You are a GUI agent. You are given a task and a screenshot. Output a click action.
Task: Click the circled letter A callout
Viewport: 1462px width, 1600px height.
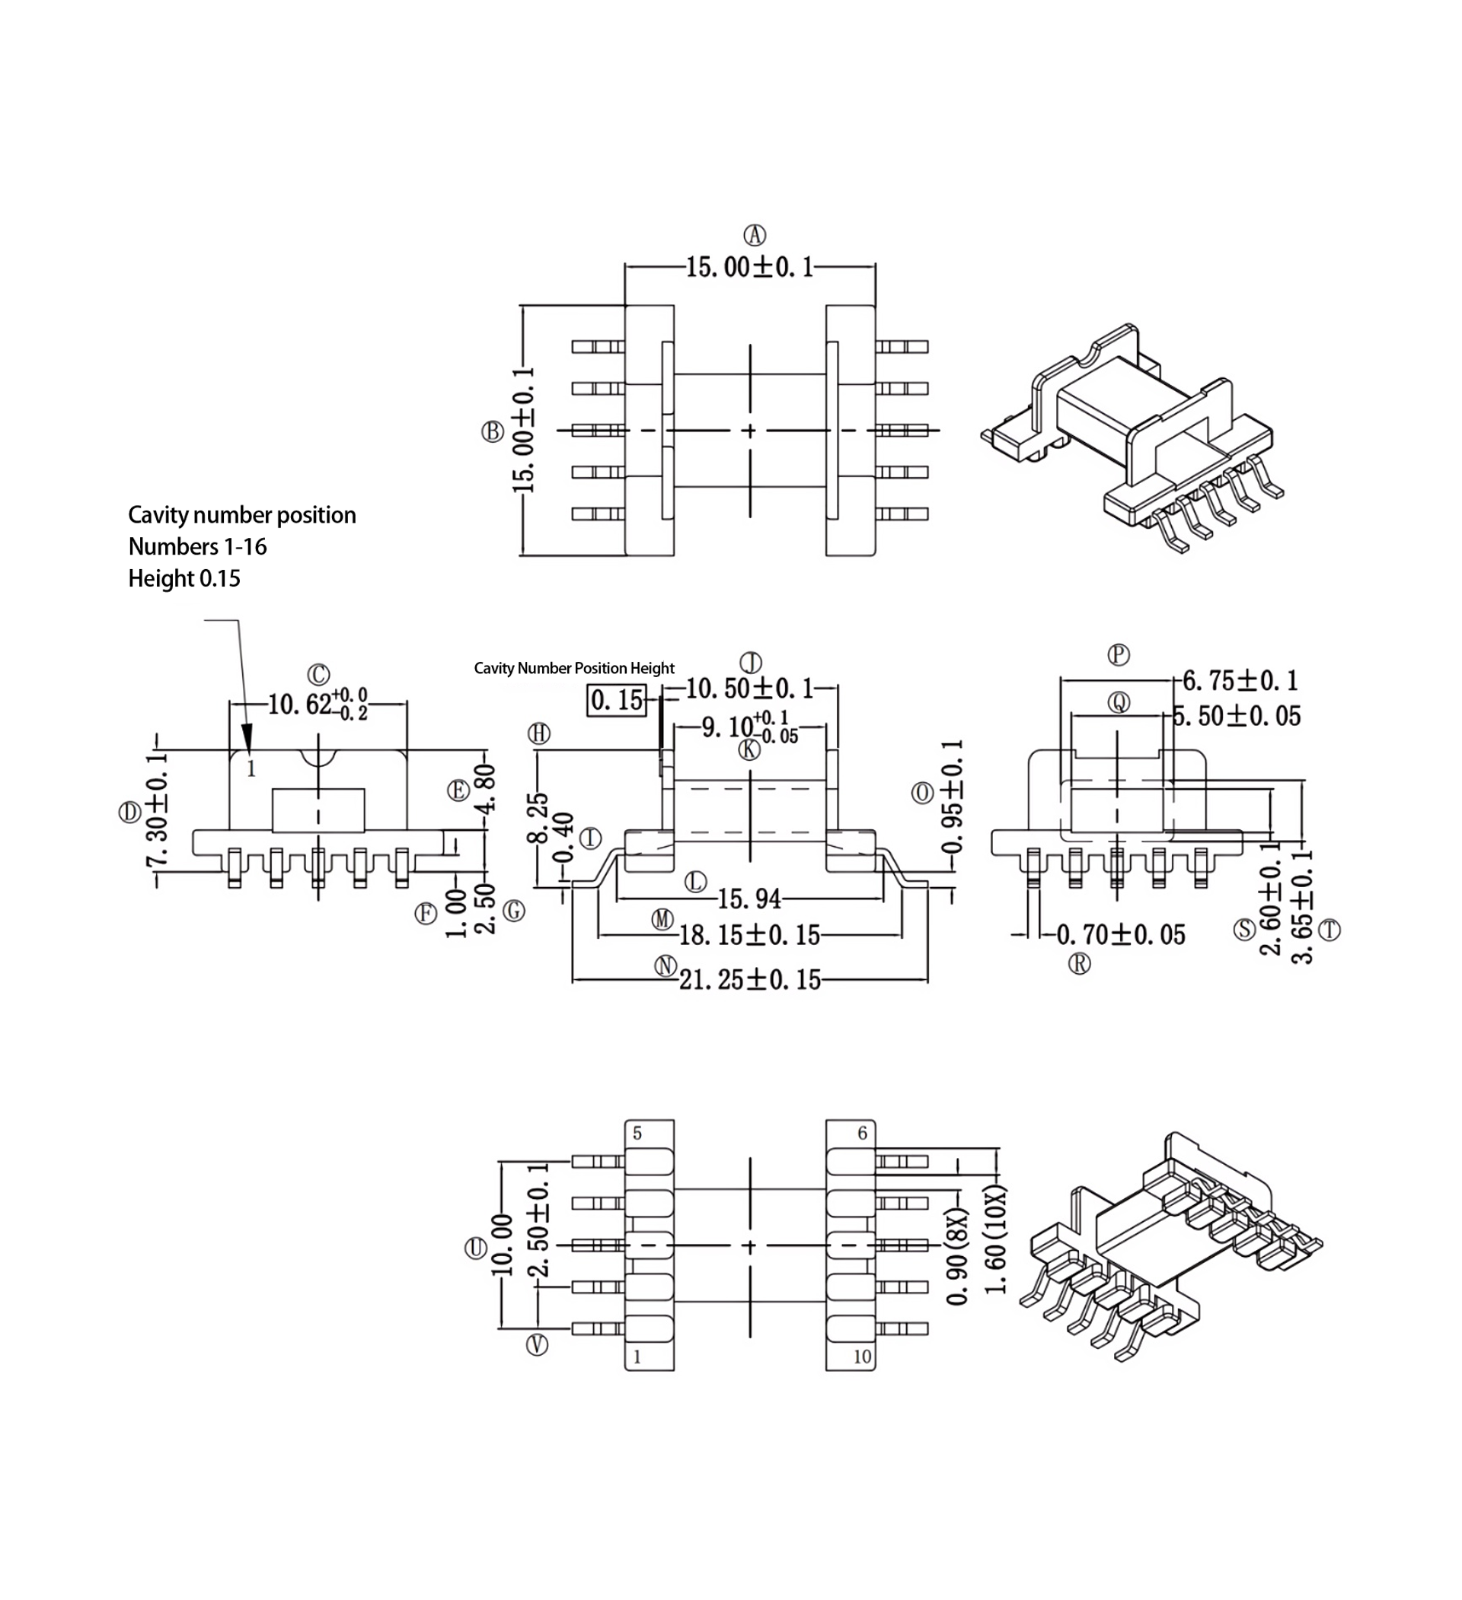(x=754, y=235)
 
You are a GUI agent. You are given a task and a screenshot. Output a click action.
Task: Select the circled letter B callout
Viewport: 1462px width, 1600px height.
(x=493, y=431)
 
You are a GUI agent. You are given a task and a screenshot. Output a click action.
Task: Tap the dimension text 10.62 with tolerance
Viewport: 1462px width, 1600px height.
(x=317, y=704)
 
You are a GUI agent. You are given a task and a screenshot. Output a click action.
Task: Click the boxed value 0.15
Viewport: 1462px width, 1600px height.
(x=616, y=700)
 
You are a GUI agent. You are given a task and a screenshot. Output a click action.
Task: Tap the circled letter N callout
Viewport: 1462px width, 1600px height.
(x=665, y=966)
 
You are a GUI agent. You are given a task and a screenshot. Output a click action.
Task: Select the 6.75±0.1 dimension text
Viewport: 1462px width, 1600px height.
(x=1240, y=680)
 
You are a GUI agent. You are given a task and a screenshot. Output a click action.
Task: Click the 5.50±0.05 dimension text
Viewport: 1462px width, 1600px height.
(x=1237, y=716)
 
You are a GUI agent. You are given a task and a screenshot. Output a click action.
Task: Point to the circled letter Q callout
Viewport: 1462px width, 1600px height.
(x=1119, y=701)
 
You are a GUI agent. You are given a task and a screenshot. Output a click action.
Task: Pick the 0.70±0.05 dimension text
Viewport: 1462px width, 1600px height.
(x=1121, y=935)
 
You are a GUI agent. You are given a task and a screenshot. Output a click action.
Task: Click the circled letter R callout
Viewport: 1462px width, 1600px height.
(x=1079, y=963)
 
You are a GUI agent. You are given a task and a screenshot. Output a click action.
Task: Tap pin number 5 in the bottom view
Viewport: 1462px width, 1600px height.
(x=637, y=1134)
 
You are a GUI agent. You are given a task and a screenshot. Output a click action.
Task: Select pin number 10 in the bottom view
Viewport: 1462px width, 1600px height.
(x=862, y=1357)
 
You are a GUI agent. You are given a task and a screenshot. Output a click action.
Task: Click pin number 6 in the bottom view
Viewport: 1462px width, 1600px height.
(x=863, y=1134)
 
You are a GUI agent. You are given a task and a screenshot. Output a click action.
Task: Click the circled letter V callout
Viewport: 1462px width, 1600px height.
(x=538, y=1344)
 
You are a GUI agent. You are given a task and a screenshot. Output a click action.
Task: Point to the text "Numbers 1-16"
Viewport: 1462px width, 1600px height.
(x=198, y=547)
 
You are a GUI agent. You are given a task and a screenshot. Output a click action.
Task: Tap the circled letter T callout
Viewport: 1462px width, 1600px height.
(x=1330, y=930)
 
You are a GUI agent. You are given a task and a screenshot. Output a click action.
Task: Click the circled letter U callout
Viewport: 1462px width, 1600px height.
(x=475, y=1248)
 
